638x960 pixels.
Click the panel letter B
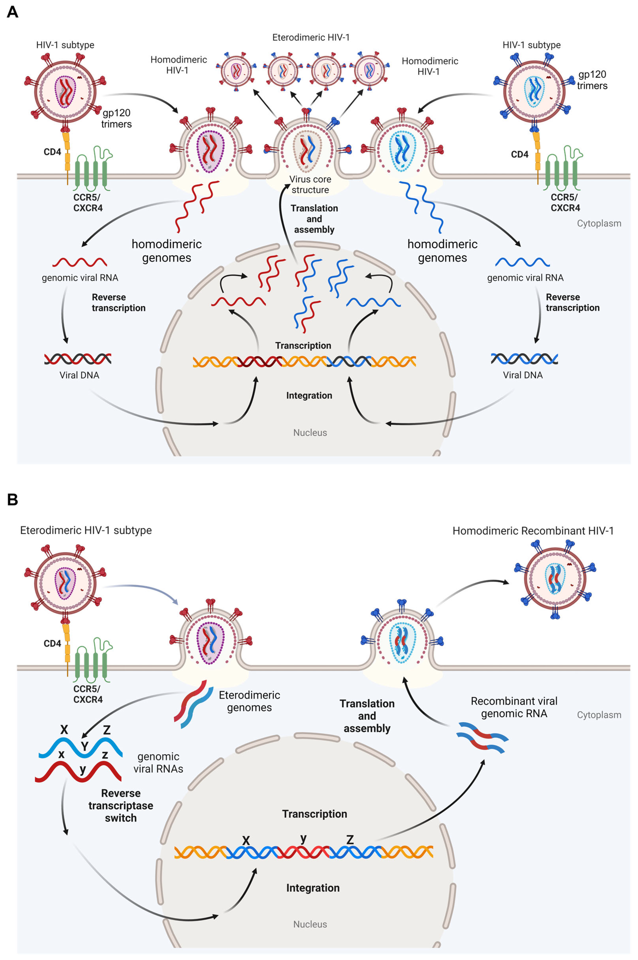pyautogui.click(x=13, y=499)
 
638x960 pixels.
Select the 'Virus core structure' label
pyautogui.click(x=310, y=184)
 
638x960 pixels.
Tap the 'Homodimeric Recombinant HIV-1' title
pyautogui.click(x=533, y=531)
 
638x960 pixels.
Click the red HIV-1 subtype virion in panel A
pyautogui.click(x=65, y=92)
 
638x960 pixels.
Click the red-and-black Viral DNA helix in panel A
pyautogui.click(x=78, y=359)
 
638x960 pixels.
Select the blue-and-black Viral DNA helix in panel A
pyautogui.click(x=524, y=359)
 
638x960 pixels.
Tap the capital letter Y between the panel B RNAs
pyautogui.click(x=85, y=746)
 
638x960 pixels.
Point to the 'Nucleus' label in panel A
pyautogui.click(x=310, y=433)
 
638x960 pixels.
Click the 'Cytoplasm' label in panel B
pyautogui.click(x=599, y=715)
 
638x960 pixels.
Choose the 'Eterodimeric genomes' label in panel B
pyautogui.click(x=249, y=701)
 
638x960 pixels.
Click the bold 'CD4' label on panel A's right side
pyautogui.click(x=520, y=154)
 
